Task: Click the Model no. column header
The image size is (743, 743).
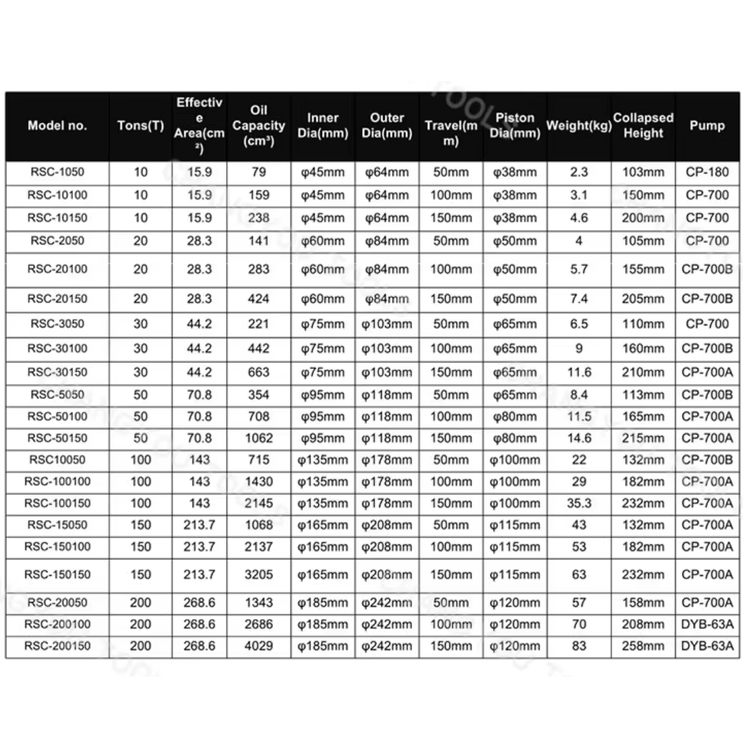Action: coord(57,126)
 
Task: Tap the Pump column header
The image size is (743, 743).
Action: coord(707,126)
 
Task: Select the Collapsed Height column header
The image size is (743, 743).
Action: coord(643,126)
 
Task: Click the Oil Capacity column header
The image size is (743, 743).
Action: coord(259,126)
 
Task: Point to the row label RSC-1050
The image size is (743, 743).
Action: coord(57,172)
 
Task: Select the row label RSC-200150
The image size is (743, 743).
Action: coord(57,646)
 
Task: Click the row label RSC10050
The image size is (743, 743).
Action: coord(57,460)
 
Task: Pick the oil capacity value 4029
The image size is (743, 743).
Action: coord(259,646)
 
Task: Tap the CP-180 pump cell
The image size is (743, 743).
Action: coord(707,172)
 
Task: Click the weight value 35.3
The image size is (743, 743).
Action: coord(579,503)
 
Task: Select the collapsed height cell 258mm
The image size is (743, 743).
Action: coord(643,646)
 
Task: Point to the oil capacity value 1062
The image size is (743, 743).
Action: coord(259,438)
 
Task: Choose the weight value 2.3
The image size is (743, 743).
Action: coord(579,172)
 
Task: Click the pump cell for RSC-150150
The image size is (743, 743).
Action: coord(707,574)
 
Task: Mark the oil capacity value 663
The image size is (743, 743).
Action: coord(259,372)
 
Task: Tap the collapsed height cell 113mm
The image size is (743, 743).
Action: coord(643,395)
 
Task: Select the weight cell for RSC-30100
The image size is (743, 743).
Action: coord(579,349)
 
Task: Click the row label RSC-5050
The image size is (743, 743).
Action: coord(57,395)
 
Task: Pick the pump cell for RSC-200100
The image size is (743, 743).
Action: coord(707,624)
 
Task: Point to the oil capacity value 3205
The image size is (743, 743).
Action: coord(259,574)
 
